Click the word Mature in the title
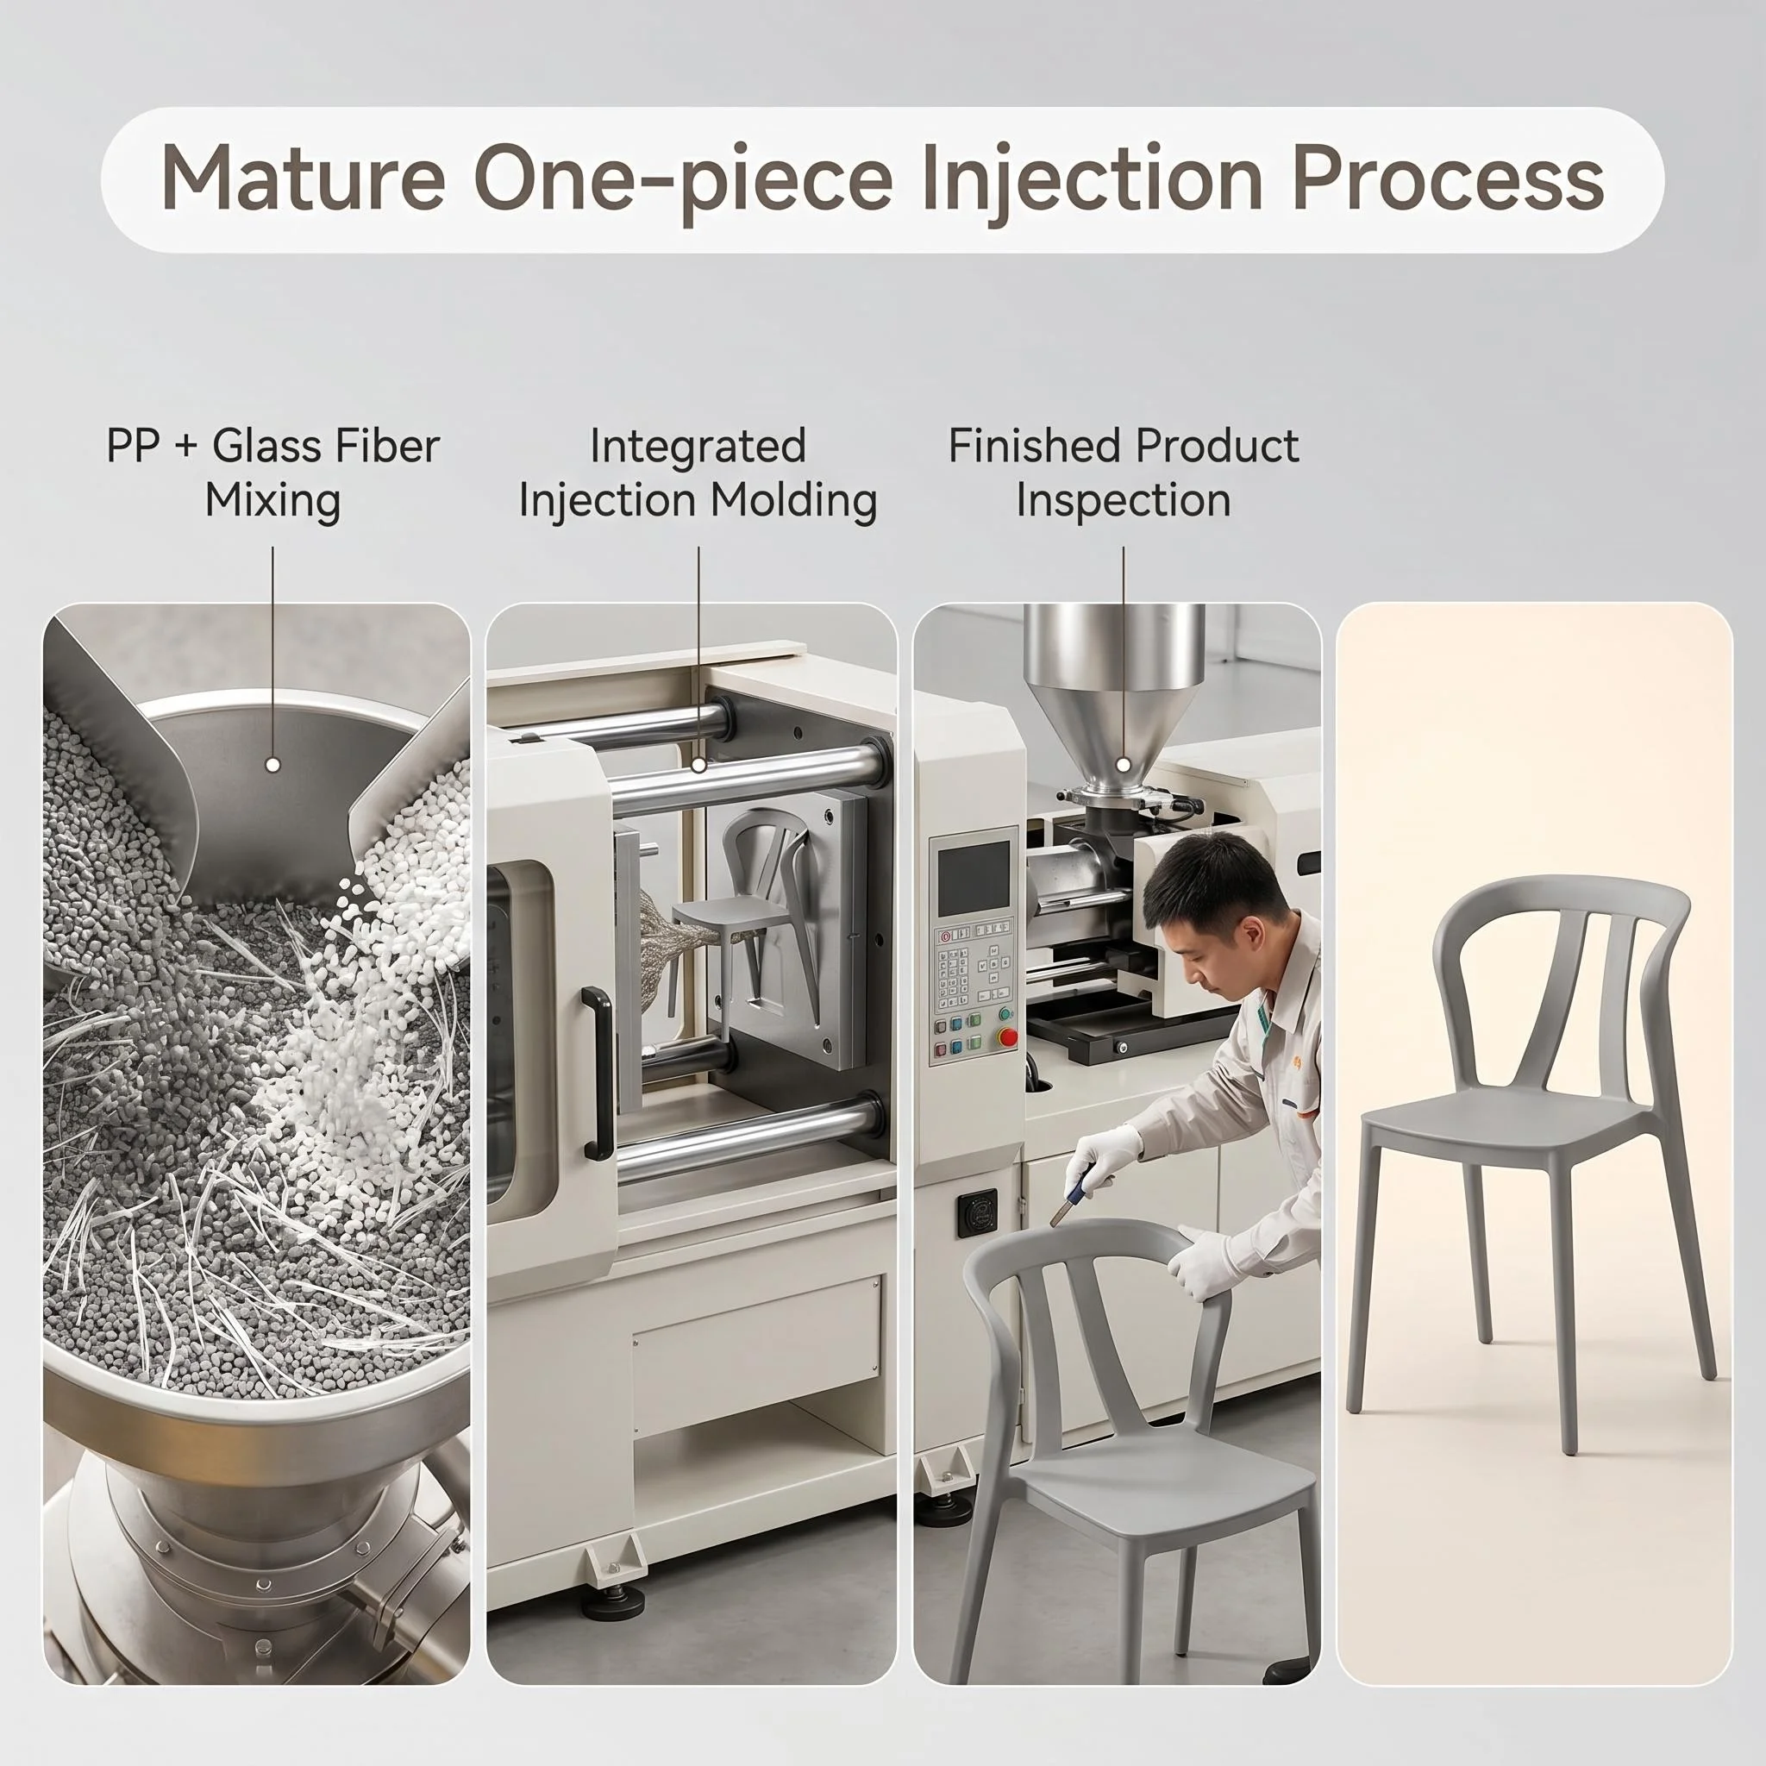click(x=304, y=179)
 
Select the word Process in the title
click(x=1448, y=179)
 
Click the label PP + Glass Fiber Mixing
click(x=272, y=473)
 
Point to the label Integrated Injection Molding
click(x=698, y=473)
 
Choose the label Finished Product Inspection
click(x=1124, y=473)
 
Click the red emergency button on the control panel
click(x=1007, y=1036)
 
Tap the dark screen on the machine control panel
click(x=974, y=878)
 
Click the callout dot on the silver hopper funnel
click(x=1124, y=765)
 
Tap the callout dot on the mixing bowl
click(x=272, y=765)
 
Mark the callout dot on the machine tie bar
click(x=698, y=765)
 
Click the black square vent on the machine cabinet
click(x=977, y=1213)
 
